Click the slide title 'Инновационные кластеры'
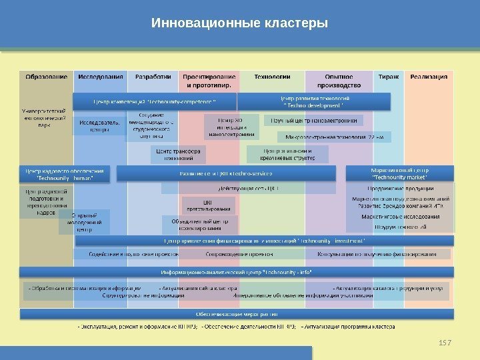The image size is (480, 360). pyautogui.click(x=240, y=23)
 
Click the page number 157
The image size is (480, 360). pyautogui.click(x=446, y=342)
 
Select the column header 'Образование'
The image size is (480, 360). pyautogui.click(x=47, y=77)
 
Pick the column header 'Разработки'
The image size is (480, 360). pyautogui.click(x=153, y=77)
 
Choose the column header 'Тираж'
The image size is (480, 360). pyautogui.click(x=389, y=77)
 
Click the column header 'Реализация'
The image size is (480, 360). pyautogui.click(x=429, y=77)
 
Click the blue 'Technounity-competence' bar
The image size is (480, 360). pyautogui.click(x=164, y=102)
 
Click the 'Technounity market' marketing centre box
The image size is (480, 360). pyautogui.click(x=399, y=174)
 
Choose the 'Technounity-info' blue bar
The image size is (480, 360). pyautogui.click(x=237, y=273)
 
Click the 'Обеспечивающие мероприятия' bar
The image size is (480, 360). pyautogui.click(x=237, y=313)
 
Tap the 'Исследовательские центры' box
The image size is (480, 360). pyautogui.click(x=100, y=127)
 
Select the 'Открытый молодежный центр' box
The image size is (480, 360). pyautogui.click(x=84, y=223)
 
